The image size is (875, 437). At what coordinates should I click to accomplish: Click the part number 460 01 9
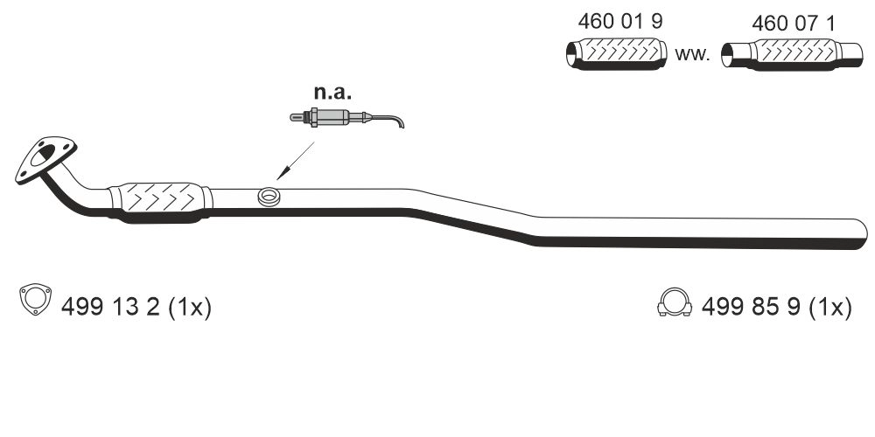(x=620, y=23)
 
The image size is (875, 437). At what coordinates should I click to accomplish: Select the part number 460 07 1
(x=794, y=24)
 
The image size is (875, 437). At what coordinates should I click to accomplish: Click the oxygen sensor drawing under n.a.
(x=332, y=116)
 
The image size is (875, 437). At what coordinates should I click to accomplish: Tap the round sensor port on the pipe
(x=269, y=197)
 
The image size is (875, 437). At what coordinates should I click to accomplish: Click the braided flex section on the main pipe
(x=161, y=198)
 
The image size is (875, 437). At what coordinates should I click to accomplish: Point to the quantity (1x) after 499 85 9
(x=829, y=307)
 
